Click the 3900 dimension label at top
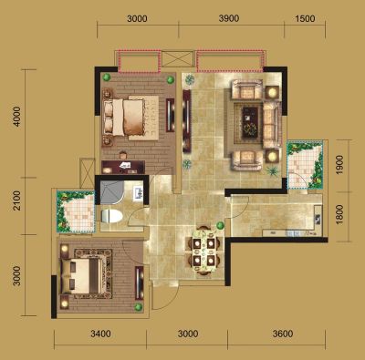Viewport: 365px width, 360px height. [229, 18]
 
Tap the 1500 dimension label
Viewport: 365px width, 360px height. [305, 18]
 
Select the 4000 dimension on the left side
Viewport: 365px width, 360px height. [17, 117]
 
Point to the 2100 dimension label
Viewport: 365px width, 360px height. [17, 201]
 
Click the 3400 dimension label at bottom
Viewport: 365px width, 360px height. [100, 334]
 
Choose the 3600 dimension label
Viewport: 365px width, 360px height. [283, 334]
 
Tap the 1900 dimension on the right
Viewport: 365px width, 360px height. [339, 165]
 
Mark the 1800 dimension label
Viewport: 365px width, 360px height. [339, 214]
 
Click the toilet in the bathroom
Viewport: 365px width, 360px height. [111, 216]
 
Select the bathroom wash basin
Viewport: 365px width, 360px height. [139, 193]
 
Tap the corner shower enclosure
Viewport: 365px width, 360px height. [111, 192]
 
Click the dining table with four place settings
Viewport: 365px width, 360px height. [203, 251]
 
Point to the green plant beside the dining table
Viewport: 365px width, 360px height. [220, 225]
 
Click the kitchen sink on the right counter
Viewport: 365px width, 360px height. [318, 219]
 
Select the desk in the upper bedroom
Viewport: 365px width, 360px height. [123, 167]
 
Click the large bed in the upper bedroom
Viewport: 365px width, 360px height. [130, 118]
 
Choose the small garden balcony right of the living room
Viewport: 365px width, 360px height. [305, 165]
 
